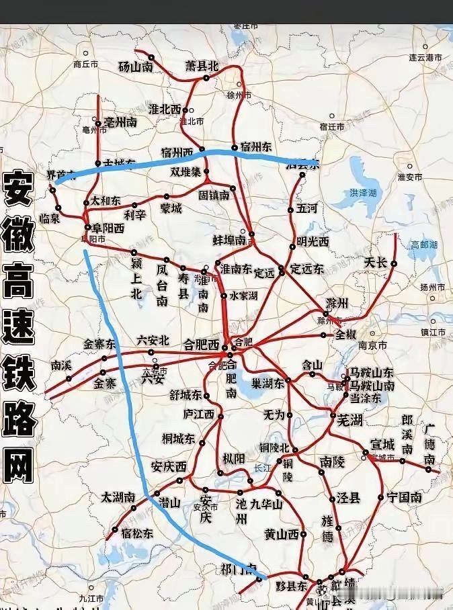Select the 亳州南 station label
[x=120, y=122]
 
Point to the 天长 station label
[x=375, y=263]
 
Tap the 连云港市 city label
[x=425, y=58]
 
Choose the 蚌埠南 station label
[x=229, y=240]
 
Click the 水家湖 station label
[x=244, y=294]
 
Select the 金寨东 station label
[x=99, y=344]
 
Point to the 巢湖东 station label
[x=267, y=384]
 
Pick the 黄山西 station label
[x=282, y=534]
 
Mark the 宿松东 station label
[x=137, y=533]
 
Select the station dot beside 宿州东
[x=234, y=147]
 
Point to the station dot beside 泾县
[x=332, y=499]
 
